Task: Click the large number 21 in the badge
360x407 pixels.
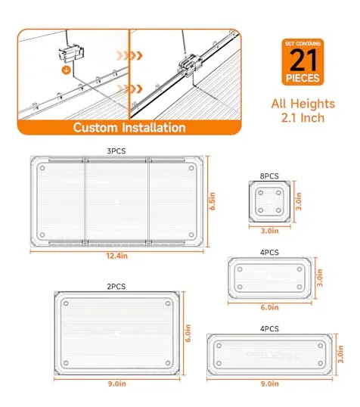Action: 303,61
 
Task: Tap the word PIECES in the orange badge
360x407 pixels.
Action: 303,78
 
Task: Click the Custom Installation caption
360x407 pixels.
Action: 129,127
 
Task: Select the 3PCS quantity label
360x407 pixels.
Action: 116,151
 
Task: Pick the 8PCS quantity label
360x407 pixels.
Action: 269,176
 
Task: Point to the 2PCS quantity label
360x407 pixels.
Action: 116,287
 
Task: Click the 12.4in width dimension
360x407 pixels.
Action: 116,256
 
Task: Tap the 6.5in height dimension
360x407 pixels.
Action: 213,201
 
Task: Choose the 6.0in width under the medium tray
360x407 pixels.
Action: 270,307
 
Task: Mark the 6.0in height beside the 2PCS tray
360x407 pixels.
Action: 188,333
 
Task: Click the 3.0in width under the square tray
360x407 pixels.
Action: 270,231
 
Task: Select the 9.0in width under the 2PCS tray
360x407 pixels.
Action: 116,384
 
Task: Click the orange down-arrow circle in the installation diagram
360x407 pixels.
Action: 67,70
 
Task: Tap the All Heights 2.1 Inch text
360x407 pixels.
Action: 303,110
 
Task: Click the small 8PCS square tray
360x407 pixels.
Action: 269,201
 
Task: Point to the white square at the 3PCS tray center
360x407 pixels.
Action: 116,202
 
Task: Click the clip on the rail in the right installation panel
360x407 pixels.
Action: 190,65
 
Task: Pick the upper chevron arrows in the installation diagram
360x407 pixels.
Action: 129,55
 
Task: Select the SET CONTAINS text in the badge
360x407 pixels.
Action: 303,44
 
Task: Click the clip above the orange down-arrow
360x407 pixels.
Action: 71,53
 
